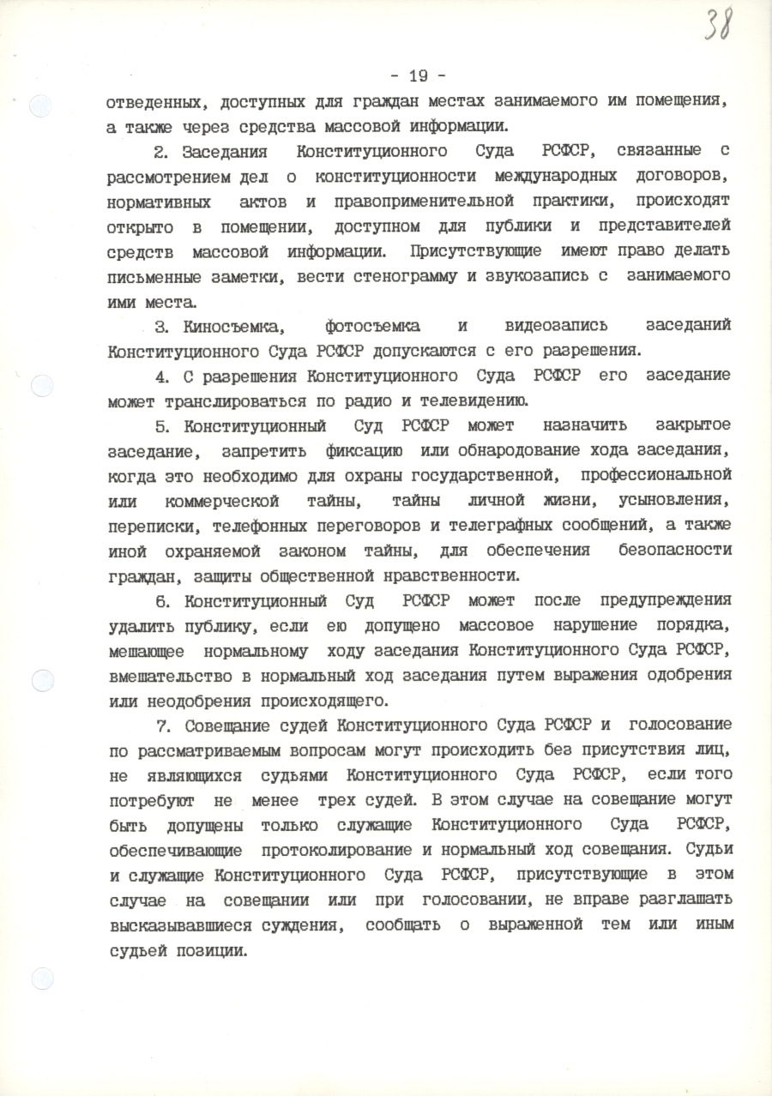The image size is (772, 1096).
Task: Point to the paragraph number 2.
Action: click(x=160, y=152)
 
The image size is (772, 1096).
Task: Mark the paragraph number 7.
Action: click(x=166, y=724)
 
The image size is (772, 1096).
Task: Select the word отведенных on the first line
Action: click(x=155, y=102)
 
